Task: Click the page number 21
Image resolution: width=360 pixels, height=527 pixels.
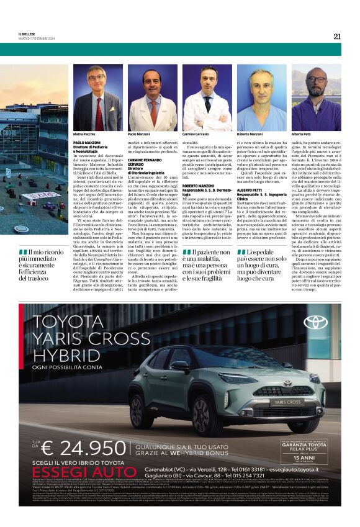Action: pos(336,36)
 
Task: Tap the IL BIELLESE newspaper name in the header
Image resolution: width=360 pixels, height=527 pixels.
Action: pos(27,34)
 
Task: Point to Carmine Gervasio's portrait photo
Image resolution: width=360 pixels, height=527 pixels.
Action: pos(207,97)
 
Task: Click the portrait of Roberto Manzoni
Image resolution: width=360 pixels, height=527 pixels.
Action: pos(261,97)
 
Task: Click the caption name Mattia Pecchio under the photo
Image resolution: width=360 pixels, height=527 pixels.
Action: pos(84,134)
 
